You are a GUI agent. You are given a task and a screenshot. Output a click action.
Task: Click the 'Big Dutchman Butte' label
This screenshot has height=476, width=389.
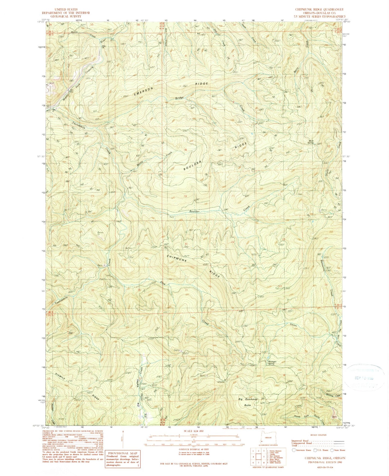[x=248, y=402]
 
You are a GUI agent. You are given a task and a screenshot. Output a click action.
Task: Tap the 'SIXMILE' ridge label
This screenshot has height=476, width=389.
[x=61, y=377]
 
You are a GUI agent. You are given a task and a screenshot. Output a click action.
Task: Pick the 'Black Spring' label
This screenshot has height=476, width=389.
[x=311, y=141]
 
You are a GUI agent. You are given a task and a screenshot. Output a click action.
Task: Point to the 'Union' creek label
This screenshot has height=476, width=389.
[x=293, y=325]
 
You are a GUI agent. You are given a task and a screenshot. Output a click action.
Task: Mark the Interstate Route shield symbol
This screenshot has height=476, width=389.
[x=294, y=450]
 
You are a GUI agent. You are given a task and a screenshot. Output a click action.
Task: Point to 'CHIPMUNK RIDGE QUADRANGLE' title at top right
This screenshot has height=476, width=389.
[x=319, y=9]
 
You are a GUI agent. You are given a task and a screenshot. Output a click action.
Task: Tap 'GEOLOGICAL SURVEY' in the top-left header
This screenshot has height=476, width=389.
[x=65, y=16]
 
